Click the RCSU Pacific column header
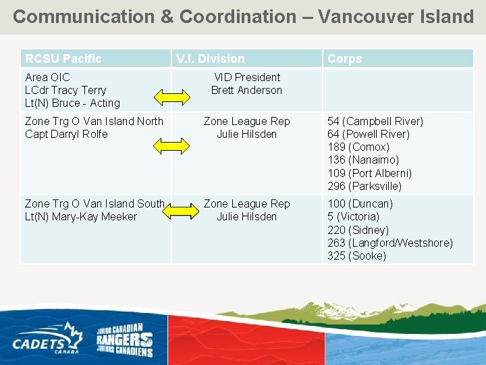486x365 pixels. (x=63, y=59)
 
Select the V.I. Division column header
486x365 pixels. (x=211, y=59)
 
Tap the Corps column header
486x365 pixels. (x=344, y=59)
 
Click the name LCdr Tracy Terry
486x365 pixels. (x=65, y=90)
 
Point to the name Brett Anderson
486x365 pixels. (x=246, y=90)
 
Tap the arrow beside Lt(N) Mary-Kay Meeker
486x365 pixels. (x=179, y=212)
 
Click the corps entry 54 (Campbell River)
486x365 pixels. (x=375, y=121)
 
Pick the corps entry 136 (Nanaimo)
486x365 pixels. (x=363, y=160)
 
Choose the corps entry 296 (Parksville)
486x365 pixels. (x=364, y=186)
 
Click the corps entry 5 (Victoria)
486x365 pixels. (x=353, y=217)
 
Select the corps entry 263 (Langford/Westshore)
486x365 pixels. (x=390, y=243)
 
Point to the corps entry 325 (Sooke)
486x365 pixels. (x=356, y=255)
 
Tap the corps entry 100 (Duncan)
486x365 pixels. (x=360, y=203)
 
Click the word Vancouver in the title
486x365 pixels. (x=366, y=16)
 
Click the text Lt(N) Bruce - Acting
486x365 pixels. (x=72, y=103)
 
